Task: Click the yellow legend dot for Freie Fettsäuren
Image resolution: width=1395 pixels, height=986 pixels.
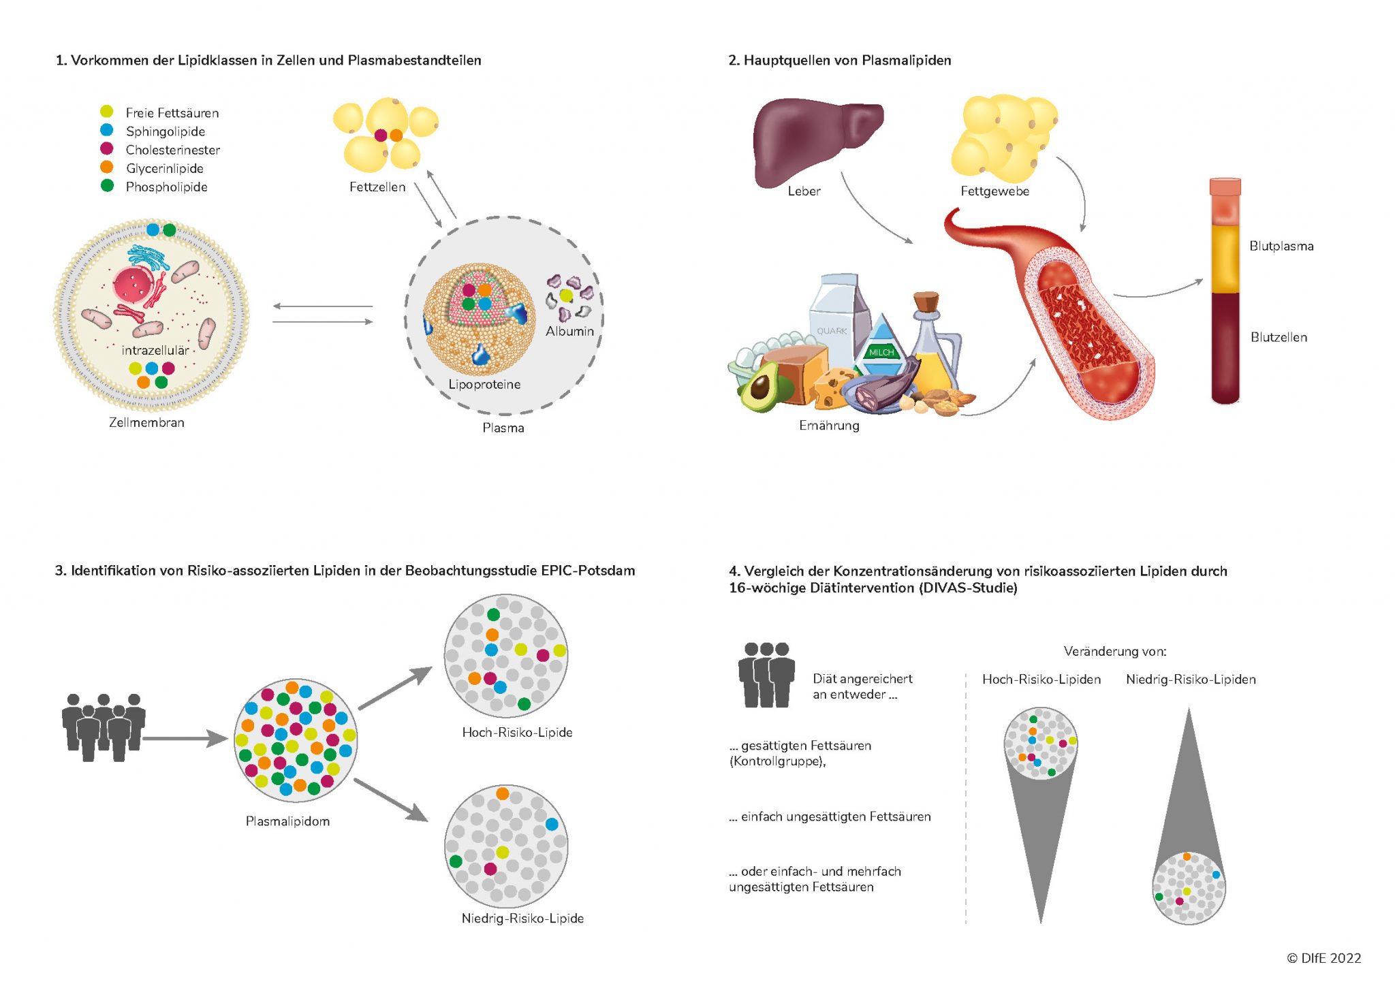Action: point(107,112)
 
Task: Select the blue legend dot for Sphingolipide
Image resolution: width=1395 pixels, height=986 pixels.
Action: point(107,130)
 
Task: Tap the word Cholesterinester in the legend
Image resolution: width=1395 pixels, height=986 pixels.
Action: point(173,150)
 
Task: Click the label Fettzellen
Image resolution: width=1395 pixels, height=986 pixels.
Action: point(377,187)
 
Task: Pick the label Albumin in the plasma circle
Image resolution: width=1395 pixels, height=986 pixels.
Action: point(569,332)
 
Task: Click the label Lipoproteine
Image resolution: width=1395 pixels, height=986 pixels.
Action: point(484,385)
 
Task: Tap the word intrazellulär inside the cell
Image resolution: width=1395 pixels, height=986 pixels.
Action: point(155,351)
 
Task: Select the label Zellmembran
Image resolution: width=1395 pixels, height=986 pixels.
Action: point(146,423)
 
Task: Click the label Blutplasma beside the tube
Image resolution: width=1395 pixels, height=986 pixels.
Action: point(1281,246)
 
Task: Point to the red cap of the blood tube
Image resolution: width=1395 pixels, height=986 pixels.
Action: point(1225,187)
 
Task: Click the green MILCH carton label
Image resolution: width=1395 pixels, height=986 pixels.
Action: point(881,352)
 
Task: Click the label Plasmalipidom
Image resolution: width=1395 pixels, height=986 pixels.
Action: point(287,822)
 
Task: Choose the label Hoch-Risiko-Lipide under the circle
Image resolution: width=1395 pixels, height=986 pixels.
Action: point(517,733)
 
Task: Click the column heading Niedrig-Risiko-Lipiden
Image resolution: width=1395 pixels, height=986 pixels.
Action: point(1191,680)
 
